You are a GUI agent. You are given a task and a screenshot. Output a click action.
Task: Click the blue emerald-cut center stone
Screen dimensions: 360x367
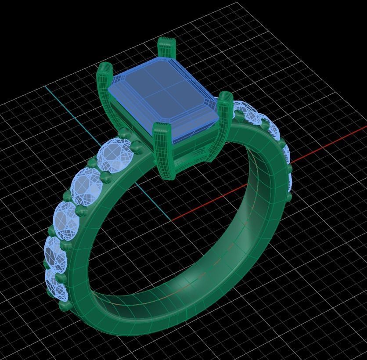click(163, 99)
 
